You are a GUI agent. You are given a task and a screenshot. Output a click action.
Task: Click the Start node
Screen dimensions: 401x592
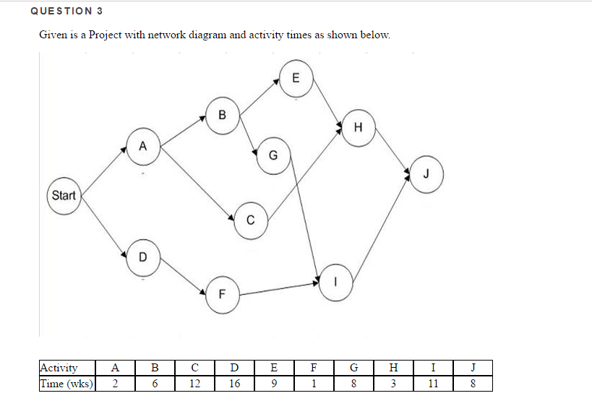(x=64, y=195)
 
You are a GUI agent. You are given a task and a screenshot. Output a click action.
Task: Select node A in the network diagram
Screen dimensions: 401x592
(x=142, y=146)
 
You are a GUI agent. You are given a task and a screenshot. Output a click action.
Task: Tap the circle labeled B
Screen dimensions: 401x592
(x=222, y=114)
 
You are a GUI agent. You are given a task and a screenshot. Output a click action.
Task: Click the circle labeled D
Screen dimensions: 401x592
(x=142, y=256)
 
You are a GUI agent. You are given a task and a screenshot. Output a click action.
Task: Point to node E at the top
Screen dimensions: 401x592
(x=295, y=79)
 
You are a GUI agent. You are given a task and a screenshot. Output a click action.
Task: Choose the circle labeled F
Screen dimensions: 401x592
(x=222, y=294)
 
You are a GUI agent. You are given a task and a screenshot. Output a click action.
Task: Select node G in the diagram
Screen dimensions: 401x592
(x=272, y=155)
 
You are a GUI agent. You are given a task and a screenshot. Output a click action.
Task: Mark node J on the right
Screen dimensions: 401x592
(x=426, y=173)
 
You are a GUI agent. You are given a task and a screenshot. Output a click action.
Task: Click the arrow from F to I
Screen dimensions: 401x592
(x=279, y=288)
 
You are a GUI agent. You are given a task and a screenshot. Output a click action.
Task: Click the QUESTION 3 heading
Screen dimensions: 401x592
(x=62, y=11)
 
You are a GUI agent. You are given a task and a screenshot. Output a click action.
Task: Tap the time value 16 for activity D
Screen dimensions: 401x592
(x=234, y=383)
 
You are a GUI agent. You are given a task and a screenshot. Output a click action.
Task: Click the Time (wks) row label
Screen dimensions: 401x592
(x=67, y=383)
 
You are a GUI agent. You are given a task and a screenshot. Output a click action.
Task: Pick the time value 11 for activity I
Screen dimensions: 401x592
(x=432, y=383)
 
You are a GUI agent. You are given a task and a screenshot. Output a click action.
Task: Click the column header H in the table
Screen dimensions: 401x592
(x=392, y=368)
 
